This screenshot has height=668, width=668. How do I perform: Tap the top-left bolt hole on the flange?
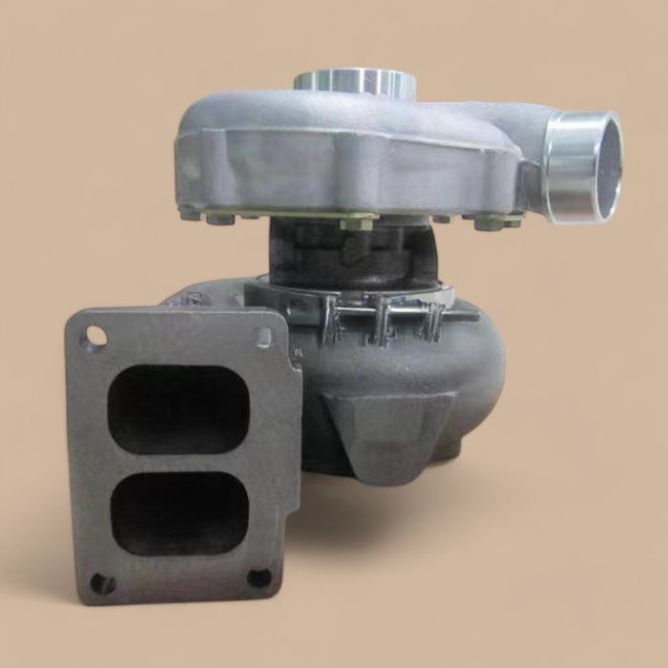pos(95,335)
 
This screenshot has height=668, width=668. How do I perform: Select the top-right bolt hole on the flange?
pos(264,335)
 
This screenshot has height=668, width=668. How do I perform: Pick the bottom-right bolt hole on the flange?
pos(259,577)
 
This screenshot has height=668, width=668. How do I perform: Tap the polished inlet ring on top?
pos(355,82)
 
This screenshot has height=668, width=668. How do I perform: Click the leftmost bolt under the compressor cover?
pos(190,215)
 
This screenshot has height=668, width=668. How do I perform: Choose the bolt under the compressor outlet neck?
pos(491,222)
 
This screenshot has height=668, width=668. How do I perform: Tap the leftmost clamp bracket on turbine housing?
pos(331,321)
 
